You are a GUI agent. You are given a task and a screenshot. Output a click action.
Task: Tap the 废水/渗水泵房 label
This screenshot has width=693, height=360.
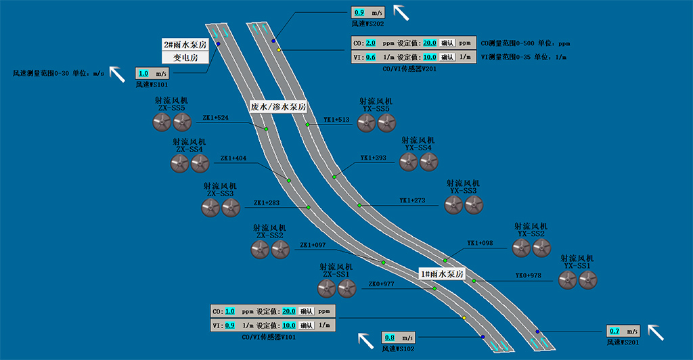(278, 107)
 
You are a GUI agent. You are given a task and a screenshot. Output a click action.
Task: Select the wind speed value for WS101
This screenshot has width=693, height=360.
(143, 73)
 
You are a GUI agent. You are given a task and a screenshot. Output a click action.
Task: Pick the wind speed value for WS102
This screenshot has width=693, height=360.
(390, 337)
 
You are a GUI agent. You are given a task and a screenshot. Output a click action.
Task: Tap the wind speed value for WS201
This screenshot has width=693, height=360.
(614, 331)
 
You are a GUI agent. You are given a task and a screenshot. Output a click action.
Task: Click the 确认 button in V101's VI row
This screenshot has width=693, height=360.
(306, 325)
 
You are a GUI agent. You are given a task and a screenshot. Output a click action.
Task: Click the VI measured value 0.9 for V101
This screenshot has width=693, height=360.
(229, 325)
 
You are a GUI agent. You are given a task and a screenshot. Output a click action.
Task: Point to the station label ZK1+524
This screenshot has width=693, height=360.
(215, 117)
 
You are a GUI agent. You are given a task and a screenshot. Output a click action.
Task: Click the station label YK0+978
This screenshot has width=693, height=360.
(528, 275)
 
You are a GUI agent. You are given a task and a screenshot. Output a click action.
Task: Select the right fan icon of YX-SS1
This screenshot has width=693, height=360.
(587, 280)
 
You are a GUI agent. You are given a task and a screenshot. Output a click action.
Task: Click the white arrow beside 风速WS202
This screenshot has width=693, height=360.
(401, 12)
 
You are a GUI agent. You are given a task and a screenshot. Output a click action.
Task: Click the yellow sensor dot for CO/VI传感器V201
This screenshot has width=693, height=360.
(278, 49)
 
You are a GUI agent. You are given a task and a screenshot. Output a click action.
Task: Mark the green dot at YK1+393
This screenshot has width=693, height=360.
(334, 177)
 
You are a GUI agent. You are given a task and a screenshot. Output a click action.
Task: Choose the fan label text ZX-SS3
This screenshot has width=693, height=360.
(221, 194)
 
